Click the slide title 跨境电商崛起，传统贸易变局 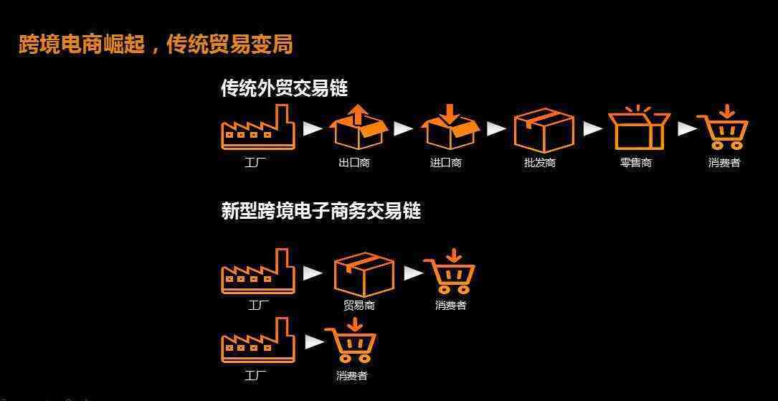pos(156,44)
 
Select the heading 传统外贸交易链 pos(284,88)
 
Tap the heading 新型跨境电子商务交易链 pos(321,211)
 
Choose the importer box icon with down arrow pos(449,127)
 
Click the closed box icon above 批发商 pos(544,129)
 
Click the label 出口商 pos(354,163)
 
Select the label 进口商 pos(446,163)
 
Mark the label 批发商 pos(540,163)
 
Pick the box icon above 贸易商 pos(364,273)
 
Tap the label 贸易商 pos(359,306)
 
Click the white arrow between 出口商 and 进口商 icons pos(404,128)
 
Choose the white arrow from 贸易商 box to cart pos(414,273)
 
